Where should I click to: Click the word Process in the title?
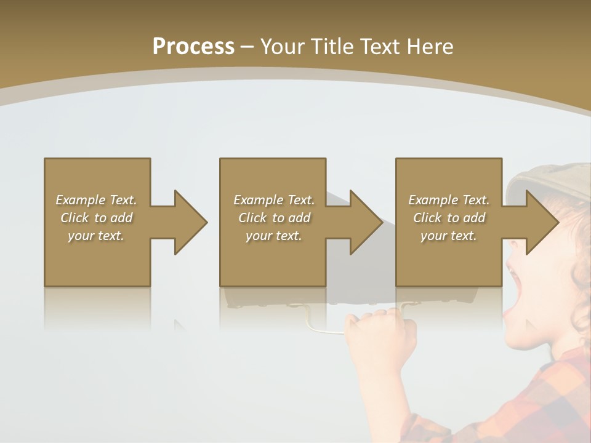(193, 46)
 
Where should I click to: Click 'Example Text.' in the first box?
(96, 200)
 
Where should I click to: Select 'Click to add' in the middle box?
(274, 218)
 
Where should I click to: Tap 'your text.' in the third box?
(449, 236)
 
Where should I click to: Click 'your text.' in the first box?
(96, 236)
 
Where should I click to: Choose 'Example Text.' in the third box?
(449, 200)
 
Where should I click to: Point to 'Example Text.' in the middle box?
(274, 200)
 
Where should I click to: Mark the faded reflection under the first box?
(97, 308)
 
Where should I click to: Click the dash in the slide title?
(247, 47)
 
